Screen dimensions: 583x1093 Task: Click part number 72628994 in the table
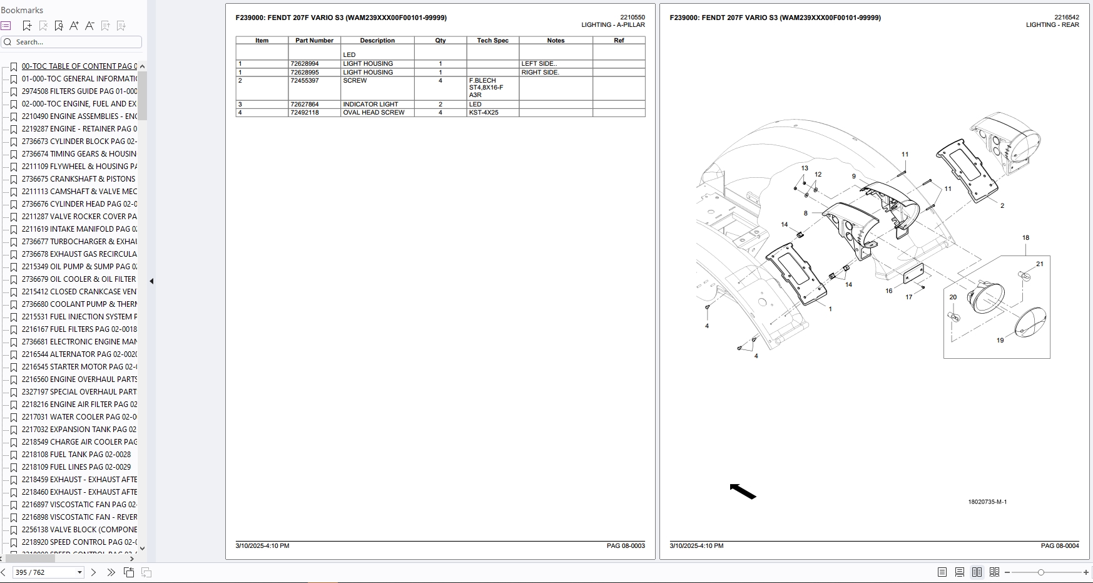(x=305, y=64)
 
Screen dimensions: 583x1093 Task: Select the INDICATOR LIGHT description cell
(x=370, y=105)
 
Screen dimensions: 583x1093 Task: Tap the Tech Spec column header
(x=492, y=41)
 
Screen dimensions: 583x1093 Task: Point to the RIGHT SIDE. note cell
(x=540, y=73)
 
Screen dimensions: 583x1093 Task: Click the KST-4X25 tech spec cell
(x=484, y=113)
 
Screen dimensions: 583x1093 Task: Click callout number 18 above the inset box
(x=1025, y=238)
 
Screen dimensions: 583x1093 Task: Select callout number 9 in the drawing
(x=853, y=177)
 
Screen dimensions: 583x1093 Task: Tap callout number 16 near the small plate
(x=888, y=291)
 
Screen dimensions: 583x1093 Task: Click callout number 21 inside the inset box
(x=1039, y=264)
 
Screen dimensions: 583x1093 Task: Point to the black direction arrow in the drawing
(x=743, y=492)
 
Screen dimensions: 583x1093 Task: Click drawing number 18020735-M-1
(x=987, y=502)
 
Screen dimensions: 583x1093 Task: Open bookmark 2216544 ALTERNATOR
(x=79, y=354)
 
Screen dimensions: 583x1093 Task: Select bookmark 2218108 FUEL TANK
(x=76, y=455)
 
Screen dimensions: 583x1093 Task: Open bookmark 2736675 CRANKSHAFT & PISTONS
(x=78, y=179)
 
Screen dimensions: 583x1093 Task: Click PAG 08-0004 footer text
(x=1059, y=546)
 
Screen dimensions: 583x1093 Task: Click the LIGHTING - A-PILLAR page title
(x=613, y=25)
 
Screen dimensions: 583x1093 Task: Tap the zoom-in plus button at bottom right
(x=1085, y=572)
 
